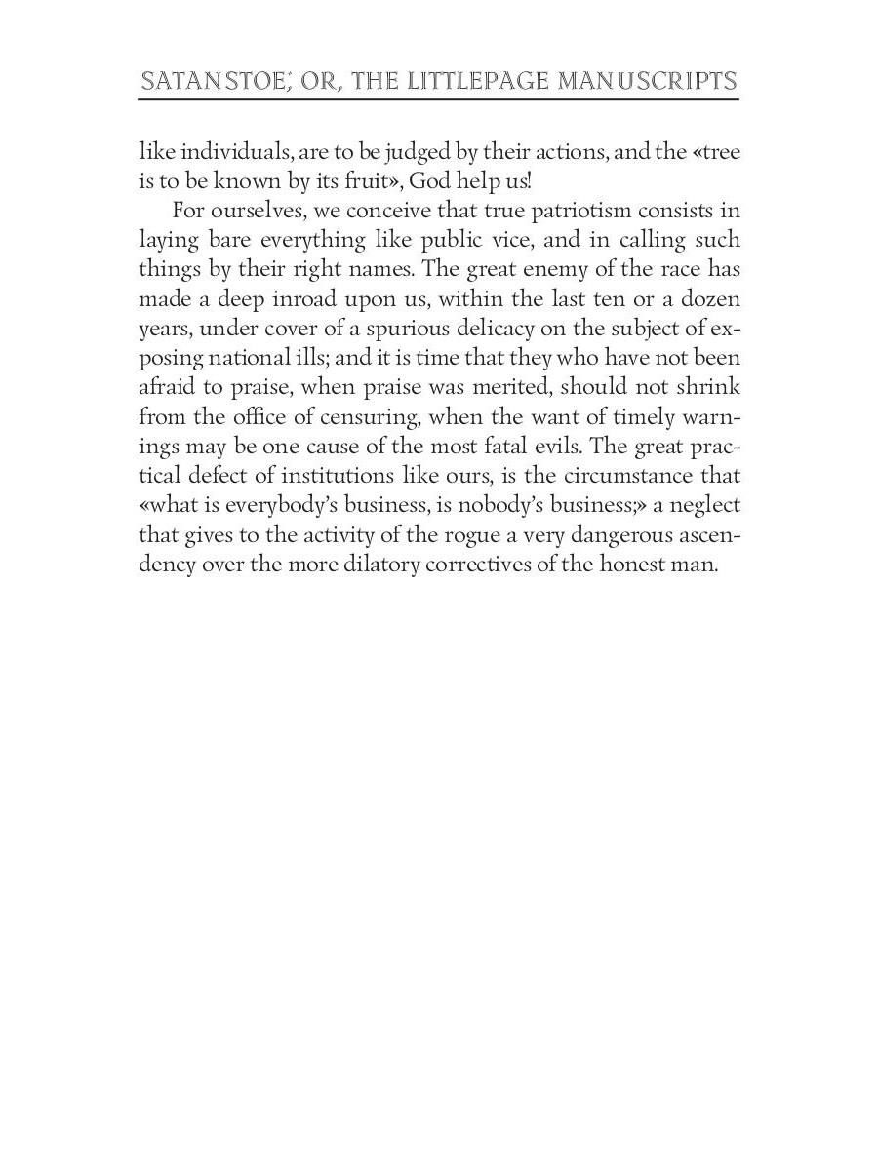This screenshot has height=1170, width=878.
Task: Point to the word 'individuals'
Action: click(219, 152)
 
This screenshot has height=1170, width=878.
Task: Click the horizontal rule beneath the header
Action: click(438, 99)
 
